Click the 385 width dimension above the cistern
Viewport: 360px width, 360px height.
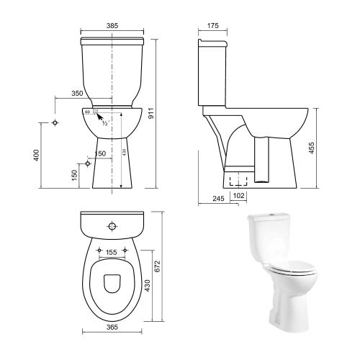[x=112, y=26]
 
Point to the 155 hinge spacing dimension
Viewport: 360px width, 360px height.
[x=111, y=253]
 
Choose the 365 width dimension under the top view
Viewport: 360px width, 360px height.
[x=112, y=328]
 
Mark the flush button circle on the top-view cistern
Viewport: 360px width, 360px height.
[x=111, y=226]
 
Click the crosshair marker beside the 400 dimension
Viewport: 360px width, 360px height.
[x=55, y=123]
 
